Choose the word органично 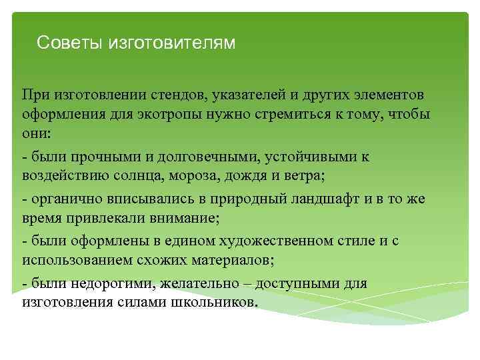(62, 200)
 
